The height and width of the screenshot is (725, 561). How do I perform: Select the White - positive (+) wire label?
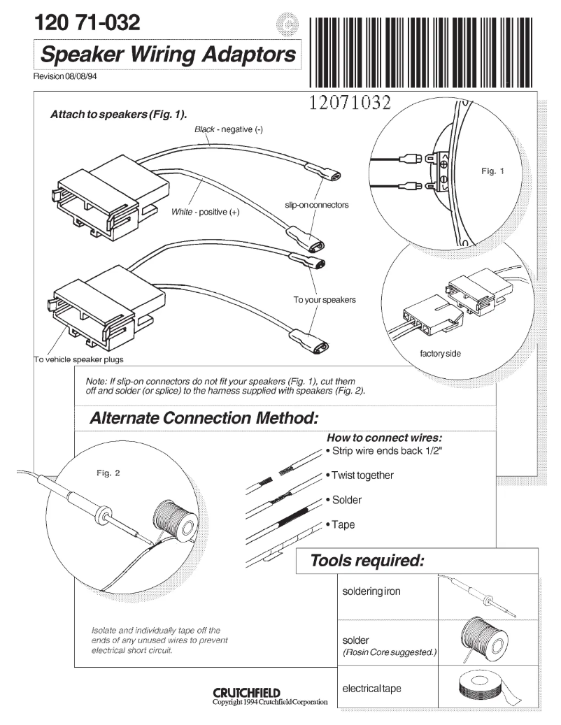205,212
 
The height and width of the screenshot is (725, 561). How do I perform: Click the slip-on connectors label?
317,205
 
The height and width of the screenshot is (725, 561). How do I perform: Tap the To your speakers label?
325,300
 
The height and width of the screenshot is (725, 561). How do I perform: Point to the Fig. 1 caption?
492,171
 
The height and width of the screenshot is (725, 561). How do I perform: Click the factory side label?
440,354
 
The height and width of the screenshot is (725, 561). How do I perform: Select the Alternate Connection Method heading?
204,418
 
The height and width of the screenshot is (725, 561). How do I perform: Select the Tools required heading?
367,561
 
